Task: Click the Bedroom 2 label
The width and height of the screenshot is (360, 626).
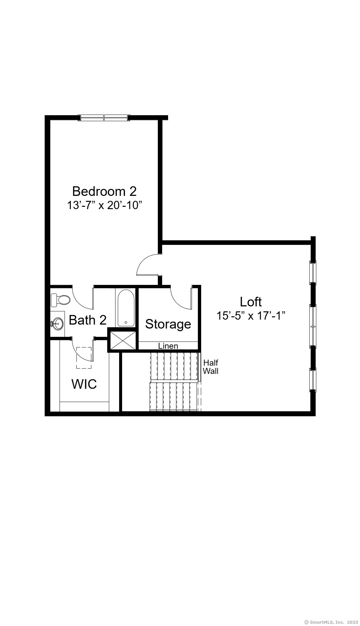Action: click(x=104, y=191)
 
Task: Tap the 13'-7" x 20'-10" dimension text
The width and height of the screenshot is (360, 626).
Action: click(x=105, y=205)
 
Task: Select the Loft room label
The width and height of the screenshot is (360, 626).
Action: click(x=251, y=302)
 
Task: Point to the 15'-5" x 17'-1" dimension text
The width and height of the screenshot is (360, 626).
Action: click(x=251, y=316)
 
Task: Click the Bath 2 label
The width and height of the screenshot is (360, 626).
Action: click(x=88, y=320)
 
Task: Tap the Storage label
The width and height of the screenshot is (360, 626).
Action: click(x=168, y=324)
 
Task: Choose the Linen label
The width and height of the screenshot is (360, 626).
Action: click(x=168, y=346)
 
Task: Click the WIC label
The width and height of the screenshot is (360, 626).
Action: click(x=84, y=384)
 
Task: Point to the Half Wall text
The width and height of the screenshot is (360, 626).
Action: click(x=210, y=367)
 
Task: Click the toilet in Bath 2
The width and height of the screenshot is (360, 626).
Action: click(x=61, y=300)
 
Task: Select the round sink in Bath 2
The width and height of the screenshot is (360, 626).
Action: click(x=58, y=324)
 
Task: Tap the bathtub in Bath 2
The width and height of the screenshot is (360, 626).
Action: click(x=126, y=308)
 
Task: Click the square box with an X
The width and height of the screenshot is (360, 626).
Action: click(x=122, y=340)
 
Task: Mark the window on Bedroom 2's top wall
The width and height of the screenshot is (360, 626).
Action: click(x=104, y=118)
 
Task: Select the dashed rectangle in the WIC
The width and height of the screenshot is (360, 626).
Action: click(x=84, y=358)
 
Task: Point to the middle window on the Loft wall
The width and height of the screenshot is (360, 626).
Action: click(x=313, y=326)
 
